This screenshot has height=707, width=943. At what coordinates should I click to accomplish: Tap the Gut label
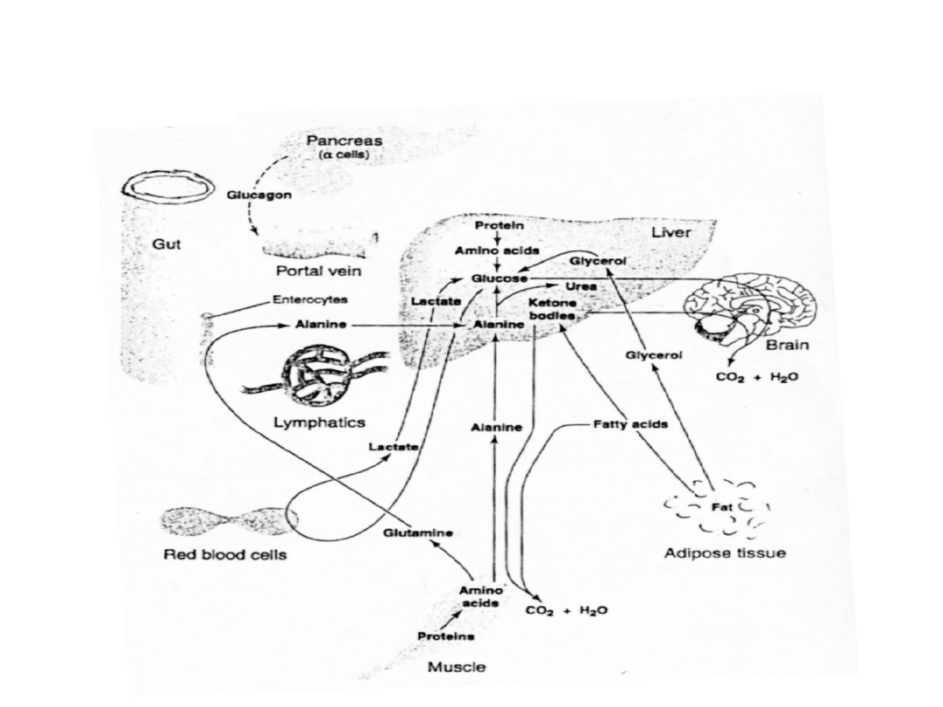tap(167, 245)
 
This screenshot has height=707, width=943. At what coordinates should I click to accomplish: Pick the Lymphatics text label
tap(320, 422)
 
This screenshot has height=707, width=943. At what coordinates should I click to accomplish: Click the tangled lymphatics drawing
tap(318, 377)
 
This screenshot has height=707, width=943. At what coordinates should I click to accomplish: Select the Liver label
tap(671, 232)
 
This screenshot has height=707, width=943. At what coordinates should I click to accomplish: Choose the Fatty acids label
tap(630, 425)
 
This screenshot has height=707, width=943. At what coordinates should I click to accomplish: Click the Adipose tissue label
tap(725, 553)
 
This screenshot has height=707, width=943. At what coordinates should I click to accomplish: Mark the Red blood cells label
tap(225, 555)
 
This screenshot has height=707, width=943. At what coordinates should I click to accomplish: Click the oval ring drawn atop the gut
tap(169, 186)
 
